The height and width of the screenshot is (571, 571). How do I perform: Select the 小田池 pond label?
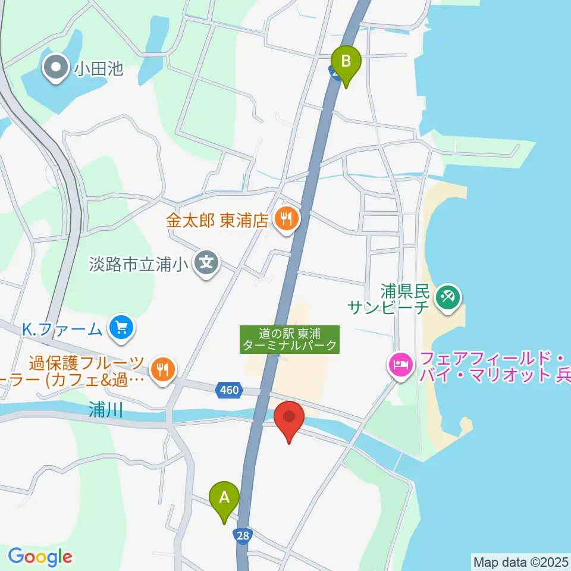[x=99, y=69]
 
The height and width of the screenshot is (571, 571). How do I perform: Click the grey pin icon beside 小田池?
[x=57, y=69]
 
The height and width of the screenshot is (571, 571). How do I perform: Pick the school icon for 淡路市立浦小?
[x=206, y=262]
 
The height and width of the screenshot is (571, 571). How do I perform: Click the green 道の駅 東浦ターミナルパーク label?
[x=290, y=339]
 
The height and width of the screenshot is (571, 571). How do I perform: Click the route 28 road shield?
[x=242, y=537]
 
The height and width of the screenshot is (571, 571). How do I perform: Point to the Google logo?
[x=40, y=557]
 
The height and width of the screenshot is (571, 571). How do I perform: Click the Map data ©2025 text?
[x=520, y=561]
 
